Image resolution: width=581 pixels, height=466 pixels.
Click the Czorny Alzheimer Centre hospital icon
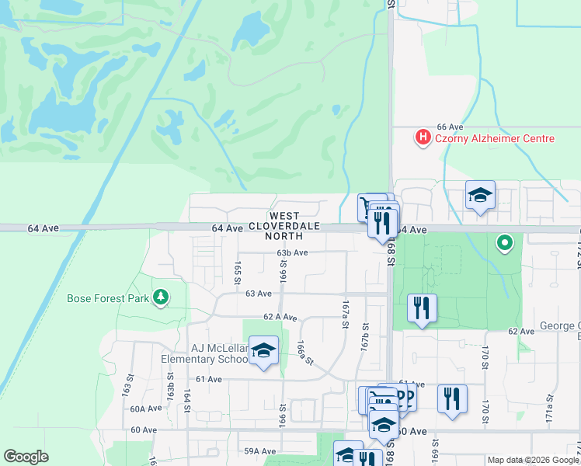pyautogui.click(x=423, y=138)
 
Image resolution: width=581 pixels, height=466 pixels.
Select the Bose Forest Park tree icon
pyautogui.click(x=161, y=297)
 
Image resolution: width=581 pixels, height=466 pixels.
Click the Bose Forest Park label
pyautogui.click(x=108, y=297)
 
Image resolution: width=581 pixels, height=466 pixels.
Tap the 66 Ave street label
pyautogui.click(x=450, y=127)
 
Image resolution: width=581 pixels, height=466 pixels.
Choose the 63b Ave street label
pyautogui.click(x=292, y=253)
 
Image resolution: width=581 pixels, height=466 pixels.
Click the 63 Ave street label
pyautogui.click(x=259, y=294)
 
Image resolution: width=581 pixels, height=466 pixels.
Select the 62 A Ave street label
pyautogui.click(x=280, y=317)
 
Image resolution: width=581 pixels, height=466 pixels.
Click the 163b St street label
pyautogui.click(x=170, y=385)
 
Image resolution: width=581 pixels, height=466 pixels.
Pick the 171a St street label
pyautogui.click(x=548, y=406)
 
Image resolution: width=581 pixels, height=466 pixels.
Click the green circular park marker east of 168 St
pyautogui.click(x=505, y=244)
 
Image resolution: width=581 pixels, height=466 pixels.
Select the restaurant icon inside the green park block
pyautogui.click(x=422, y=308)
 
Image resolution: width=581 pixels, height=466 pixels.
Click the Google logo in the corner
pyautogui.click(x=26, y=457)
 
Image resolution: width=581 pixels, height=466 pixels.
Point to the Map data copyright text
pyautogui.click(x=533, y=460)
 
